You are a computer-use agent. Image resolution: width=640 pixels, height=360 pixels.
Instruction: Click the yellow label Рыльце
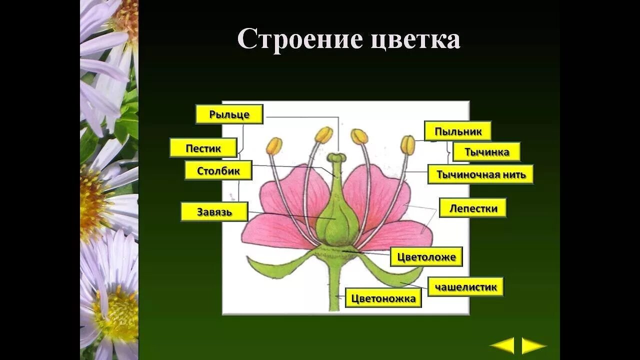[x=229, y=114]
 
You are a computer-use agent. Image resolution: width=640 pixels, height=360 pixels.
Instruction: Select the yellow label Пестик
[x=203, y=148]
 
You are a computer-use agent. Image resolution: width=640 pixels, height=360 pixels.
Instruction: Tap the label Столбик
[x=218, y=171]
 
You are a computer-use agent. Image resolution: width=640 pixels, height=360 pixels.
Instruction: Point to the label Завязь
[x=214, y=212]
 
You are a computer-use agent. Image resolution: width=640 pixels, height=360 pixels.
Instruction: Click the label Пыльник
[x=457, y=131]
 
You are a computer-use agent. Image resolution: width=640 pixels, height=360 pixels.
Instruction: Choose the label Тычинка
[x=486, y=152]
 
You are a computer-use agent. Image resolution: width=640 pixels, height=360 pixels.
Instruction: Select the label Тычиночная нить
[x=480, y=174]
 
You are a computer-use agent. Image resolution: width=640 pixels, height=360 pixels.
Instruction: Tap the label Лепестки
[x=473, y=208]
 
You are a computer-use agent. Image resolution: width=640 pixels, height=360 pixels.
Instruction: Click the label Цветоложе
[x=426, y=257]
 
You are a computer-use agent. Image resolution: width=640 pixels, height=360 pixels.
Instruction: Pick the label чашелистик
[x=465, y=287]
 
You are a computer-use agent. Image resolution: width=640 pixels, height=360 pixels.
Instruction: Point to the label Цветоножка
[x=383, y=298]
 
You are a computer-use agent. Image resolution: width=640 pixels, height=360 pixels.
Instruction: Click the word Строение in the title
[x=299, y=39]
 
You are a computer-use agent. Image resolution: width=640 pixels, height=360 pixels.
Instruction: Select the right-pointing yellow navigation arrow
[x=533, y=345]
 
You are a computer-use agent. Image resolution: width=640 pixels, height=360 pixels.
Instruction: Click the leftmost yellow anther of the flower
[x=274, y=146]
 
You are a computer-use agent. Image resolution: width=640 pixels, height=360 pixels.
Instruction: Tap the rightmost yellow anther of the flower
[x=408, y=145]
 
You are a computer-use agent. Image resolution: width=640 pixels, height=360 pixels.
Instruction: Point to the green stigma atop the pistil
[x=336, y=158]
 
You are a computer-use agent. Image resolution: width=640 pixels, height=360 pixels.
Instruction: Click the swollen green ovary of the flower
[x=337, y=222]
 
